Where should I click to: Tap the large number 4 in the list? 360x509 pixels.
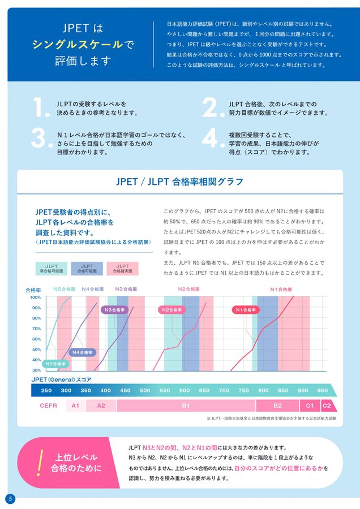pyautogui.click(x=210, y=139)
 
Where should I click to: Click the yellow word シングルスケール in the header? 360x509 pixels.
pyautogui.click(x=78, y=44)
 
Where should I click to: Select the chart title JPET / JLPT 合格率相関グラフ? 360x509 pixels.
pyautogui.click(x=180, y=182)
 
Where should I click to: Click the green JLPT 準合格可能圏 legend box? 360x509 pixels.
pyautogui.click(x=52, y=268)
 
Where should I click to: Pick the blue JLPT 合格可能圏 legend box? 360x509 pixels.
pyautogui.click(x=87, y=268)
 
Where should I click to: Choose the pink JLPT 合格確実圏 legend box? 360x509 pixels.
pyautogui.click(x=122, y=268)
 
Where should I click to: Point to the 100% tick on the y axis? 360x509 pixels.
pyautogui.click(x=35, y=297)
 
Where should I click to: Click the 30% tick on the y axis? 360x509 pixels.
pyautogui.click(x=35, y=370)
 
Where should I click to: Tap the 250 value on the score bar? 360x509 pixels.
pyautogui.click(x=46, y=390)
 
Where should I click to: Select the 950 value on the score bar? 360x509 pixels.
pyautogui.click(x=322, y=390)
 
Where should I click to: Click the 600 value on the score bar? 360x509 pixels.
pyautogui.click(x=185, y=390)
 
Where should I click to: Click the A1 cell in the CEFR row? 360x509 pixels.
pyautogui.click(x=75, y=406)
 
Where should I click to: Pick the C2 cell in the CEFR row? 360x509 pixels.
pyautogui.click(x=327, y=406)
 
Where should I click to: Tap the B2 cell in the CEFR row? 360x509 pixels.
pyautogui.click(x=277, y=406)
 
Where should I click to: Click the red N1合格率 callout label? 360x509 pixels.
pyautogui.click(x=246, y=310)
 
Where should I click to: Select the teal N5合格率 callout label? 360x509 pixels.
pyautogui.click(x=56, y=363)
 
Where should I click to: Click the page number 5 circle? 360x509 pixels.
pyautogui.click(x=10, y=498)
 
